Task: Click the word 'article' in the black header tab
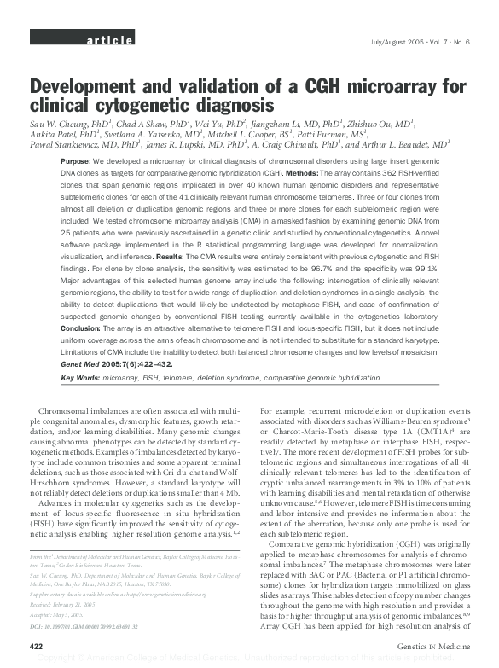108,40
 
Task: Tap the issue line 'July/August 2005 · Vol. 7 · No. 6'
413,41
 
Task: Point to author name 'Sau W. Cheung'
63,122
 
